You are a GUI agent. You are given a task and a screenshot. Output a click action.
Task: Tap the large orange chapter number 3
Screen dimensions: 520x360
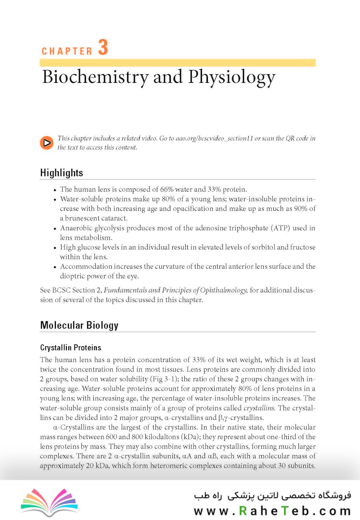click(x=103, y=48)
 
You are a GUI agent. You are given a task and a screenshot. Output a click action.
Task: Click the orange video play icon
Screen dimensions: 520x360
click(x=47, y=143)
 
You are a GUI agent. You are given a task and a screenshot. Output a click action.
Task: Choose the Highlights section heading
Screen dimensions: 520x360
click(x=62, y=173)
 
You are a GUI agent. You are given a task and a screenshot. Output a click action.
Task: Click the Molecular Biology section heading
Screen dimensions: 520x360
click(x=79, y=325)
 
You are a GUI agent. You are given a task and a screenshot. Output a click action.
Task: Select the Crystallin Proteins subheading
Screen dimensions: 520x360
click(x=70, y=347)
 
